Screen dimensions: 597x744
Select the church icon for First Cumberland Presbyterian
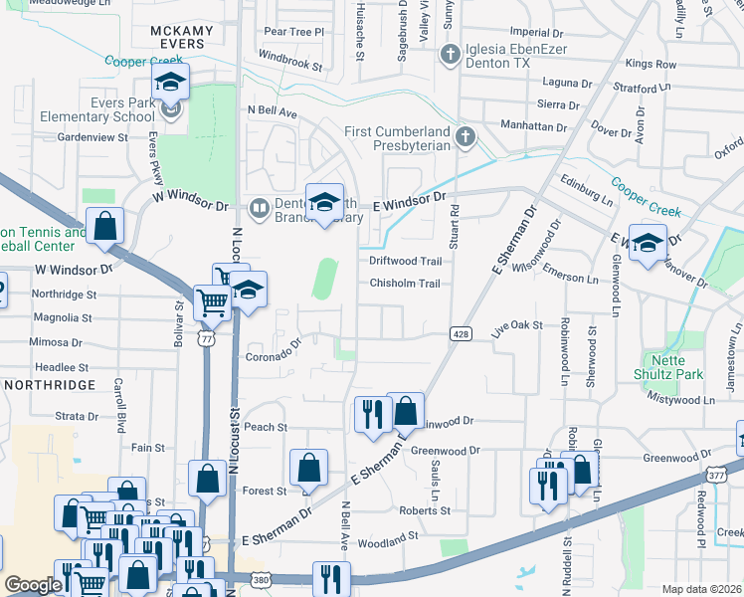coord(463,136)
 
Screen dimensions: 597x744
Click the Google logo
coord(33,585)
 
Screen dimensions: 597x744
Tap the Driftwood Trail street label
coord(405,261)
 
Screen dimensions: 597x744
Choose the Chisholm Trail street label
coord(405,284)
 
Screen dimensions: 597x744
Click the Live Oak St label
coord(517,324)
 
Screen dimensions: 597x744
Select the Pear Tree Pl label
coord(294,32)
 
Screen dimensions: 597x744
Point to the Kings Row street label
coord(651,65)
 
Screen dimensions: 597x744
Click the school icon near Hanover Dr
coord(648,244)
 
